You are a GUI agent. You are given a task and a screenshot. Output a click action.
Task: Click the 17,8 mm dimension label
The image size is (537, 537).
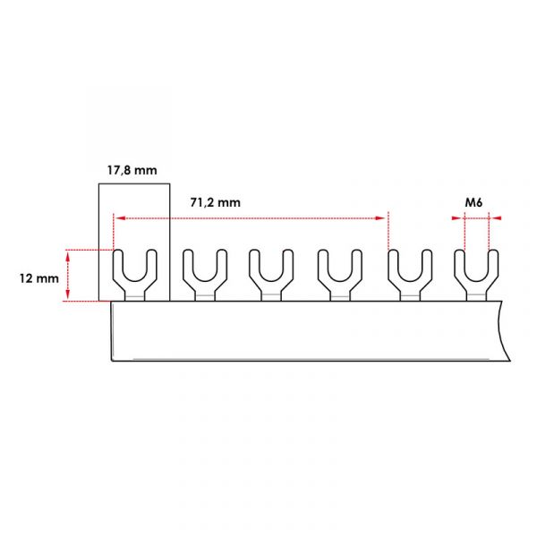[132, 170]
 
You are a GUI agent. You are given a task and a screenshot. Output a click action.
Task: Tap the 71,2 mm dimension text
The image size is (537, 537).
[215, 202]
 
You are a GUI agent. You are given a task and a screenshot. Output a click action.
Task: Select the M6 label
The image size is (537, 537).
[473, 202]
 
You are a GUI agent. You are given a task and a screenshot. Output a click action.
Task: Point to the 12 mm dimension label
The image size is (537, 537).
[39, 278]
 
